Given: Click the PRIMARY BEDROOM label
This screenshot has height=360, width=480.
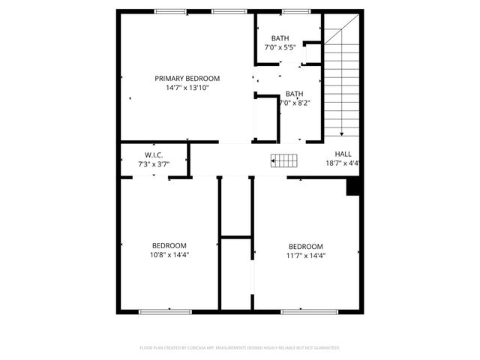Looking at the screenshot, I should click(x=187, y=78).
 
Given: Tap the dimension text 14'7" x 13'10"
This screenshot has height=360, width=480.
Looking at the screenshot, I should click(x=187, y=88).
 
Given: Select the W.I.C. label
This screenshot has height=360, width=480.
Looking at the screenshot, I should click(x=154, y=154).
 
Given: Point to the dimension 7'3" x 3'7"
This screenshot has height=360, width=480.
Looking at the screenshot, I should click(x=154, y=163).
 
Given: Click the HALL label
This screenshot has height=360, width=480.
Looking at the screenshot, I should click(x=342, y=154).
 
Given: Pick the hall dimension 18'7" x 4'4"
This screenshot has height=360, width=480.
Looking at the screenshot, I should click(x=343, y=163).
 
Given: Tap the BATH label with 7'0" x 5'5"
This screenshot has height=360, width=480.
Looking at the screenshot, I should click(x=280, y=38).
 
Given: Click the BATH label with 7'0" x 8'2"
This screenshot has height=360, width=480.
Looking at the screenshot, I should click(x=295, y=94).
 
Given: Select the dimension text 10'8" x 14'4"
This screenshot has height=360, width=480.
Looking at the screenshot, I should click(x=169, y=254).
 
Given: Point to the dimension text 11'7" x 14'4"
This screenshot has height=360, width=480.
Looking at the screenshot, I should click(x=306, y=255).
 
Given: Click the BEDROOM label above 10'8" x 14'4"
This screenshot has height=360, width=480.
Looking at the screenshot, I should click(x=169, y=245).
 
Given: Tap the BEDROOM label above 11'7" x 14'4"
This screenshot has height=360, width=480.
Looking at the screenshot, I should click(x=306, y=246).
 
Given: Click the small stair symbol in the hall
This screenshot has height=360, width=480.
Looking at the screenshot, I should click(x=284, y=159).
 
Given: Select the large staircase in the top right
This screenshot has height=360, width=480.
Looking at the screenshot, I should click(x=343, y=79).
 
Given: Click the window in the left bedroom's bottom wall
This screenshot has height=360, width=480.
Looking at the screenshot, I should click(x=160, y=310).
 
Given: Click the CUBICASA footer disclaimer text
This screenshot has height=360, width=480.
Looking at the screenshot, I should click(x=240, y=348).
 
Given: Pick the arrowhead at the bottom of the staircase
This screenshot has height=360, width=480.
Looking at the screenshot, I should click(x=342, y=133).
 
